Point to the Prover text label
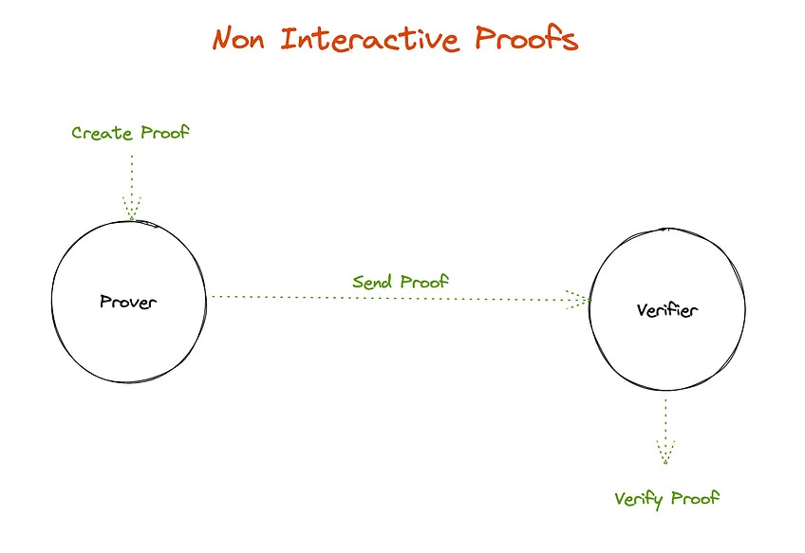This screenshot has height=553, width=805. [x=128, y=303]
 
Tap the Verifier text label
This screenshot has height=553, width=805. [x=665, y=311]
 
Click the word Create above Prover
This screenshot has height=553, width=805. [x=102, y=133]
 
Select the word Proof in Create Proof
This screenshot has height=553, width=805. [x=164, y=133]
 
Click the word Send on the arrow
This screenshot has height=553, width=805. [x=373, y=282]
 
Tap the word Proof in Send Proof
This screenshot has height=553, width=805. [x=423, y=282]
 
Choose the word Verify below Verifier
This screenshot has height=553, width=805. [x=641, y=499]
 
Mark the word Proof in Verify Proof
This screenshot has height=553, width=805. [x=696, y=499]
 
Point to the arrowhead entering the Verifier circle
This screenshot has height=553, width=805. [x=578, y=298]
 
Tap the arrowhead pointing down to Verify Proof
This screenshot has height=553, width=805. [x=665, y=454]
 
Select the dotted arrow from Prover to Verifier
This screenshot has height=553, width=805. [x=389, y=298]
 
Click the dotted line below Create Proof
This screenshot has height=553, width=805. [x=131, y=175]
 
